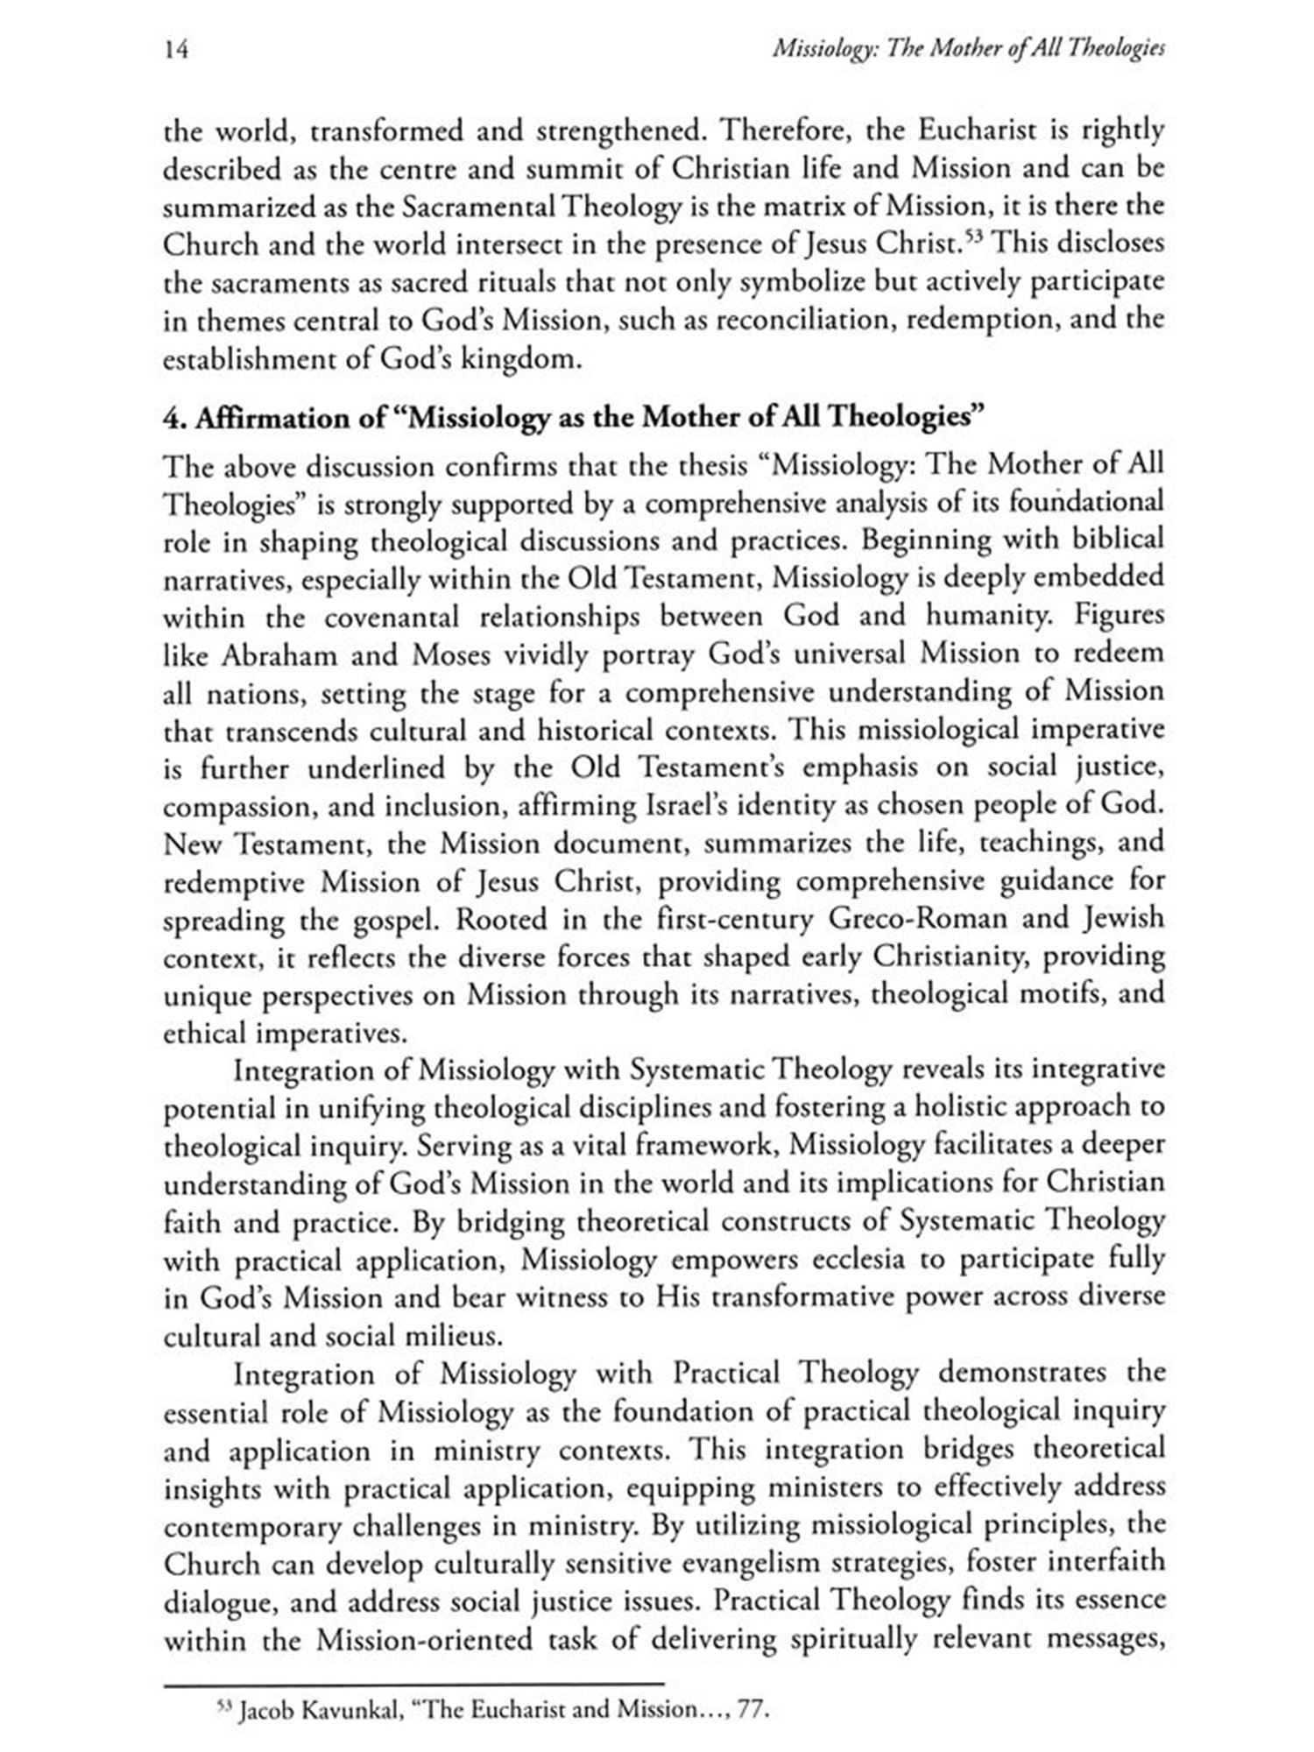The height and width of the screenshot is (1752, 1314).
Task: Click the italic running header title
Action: click(x=968, y=51)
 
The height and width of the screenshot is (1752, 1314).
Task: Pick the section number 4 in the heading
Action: click(x=170, y=418)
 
